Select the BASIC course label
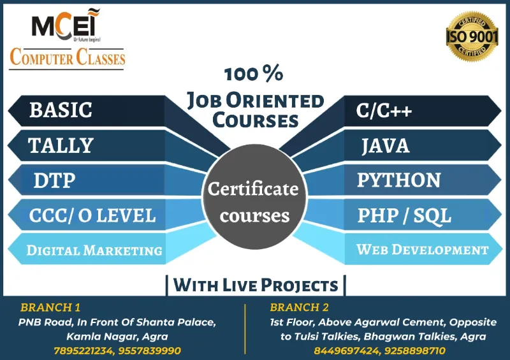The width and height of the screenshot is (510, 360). tap(61, 110)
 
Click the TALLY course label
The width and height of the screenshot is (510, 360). tap(61, 146)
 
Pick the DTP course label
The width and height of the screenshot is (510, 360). tap(54, 181)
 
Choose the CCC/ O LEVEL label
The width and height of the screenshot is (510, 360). tap(92, 215)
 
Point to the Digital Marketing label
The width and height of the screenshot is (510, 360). tap(94, 250)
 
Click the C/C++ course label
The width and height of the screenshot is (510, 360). tap(384, 111)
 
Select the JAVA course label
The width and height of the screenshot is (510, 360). tap(385, 147)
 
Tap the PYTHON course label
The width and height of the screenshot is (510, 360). tap(398, 180)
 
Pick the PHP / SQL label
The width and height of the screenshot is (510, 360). tap(404, 215)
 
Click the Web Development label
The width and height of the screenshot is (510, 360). tap(422, 250)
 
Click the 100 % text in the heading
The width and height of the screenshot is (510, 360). tap(254, 75)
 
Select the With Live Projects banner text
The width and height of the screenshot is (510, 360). tap(256, 285)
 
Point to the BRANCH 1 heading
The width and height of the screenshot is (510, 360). tap(50, 307)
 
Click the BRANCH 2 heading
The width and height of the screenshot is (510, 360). tap(300, 307)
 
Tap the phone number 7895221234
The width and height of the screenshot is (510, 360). tap(81, 351)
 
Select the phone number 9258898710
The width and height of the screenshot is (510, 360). tap(414, 351)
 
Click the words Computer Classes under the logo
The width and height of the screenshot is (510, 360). tap(67, 58)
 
